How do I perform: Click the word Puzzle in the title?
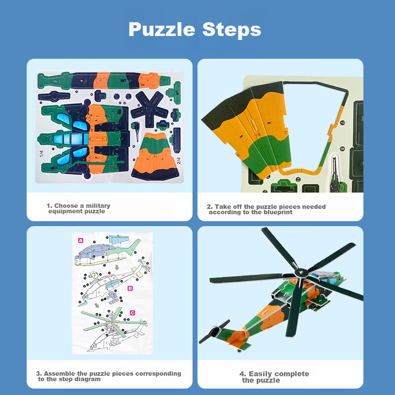[x=162, y=30]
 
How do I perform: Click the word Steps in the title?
[x=232, y=30]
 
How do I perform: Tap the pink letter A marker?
[x=80, y=240]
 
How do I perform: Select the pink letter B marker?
[x=130, y=288]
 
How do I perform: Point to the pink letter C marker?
[x=132, y=313]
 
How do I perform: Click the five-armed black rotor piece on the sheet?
[x=150, y=109]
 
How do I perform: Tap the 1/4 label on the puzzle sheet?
[x=41, y=154]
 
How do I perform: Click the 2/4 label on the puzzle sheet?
[x=178, y=161]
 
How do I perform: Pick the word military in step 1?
[x=98, y=206]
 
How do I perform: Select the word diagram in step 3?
[x=89, y=379]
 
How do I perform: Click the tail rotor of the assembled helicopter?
[x=214, y=331]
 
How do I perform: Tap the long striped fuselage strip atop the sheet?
[x=104, y=80]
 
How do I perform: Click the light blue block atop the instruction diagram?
[x=118, y=239]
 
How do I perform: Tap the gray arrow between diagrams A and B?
[x=117, y=267]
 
